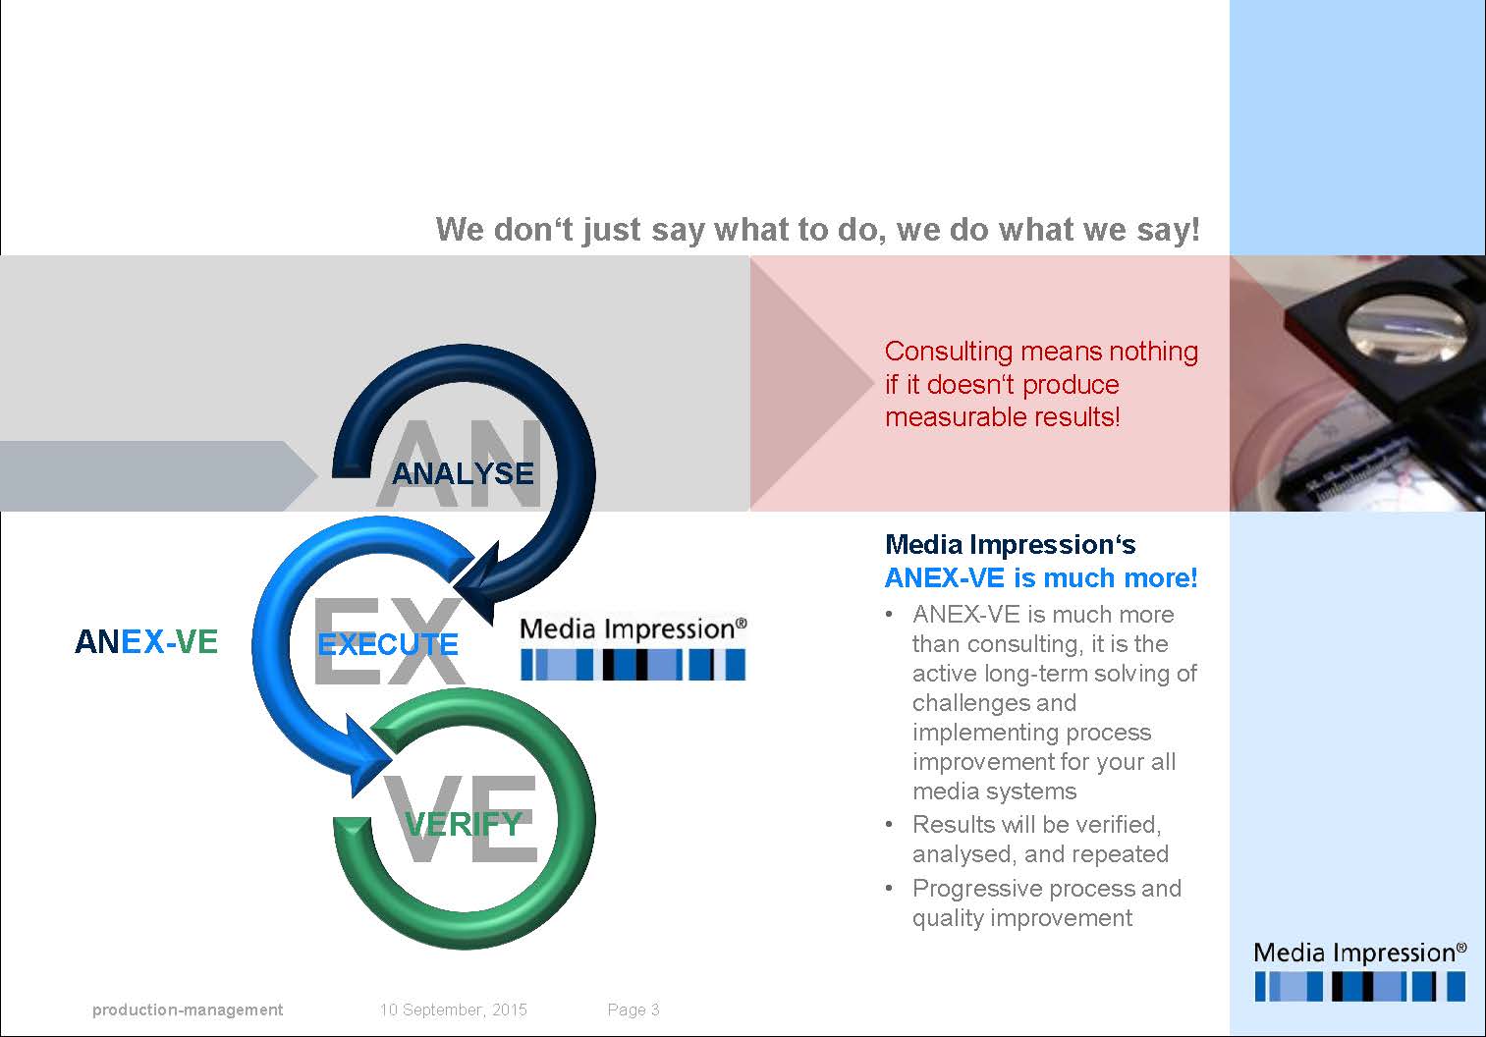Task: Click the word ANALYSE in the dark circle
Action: [462, 474]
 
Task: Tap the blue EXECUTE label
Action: [388, 644]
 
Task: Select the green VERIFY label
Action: [464, 823]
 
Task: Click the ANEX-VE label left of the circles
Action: [146, 641]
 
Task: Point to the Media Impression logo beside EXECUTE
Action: [633, 648]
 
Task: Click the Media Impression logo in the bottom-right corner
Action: [1359, 970]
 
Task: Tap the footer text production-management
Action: [188, 1010]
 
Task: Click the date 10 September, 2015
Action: [453, 1010]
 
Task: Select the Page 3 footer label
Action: [633, 1010]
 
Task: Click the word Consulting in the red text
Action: [948, 352]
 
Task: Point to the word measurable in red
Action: [948, 417]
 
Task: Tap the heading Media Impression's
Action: [1010, 544]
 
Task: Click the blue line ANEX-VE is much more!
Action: [1041, 577]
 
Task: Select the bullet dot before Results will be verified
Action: [890, 825]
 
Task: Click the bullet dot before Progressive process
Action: [890, 889]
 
